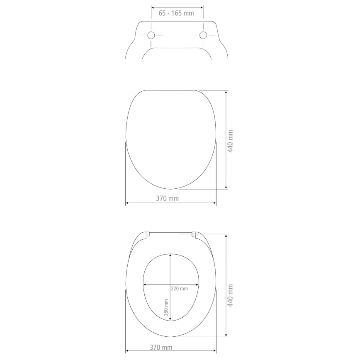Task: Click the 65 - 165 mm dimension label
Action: pos(176,13)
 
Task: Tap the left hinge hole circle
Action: pos(151,35)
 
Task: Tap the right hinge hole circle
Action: pos(203,35)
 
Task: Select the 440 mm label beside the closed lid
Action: pos(230,141)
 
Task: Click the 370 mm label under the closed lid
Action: pos(168,198)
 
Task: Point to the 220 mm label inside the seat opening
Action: pos(179,289)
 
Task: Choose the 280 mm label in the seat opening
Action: pos(165,307)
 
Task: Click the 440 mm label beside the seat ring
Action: pos(230,295)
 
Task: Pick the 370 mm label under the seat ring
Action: pos(161,347)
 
